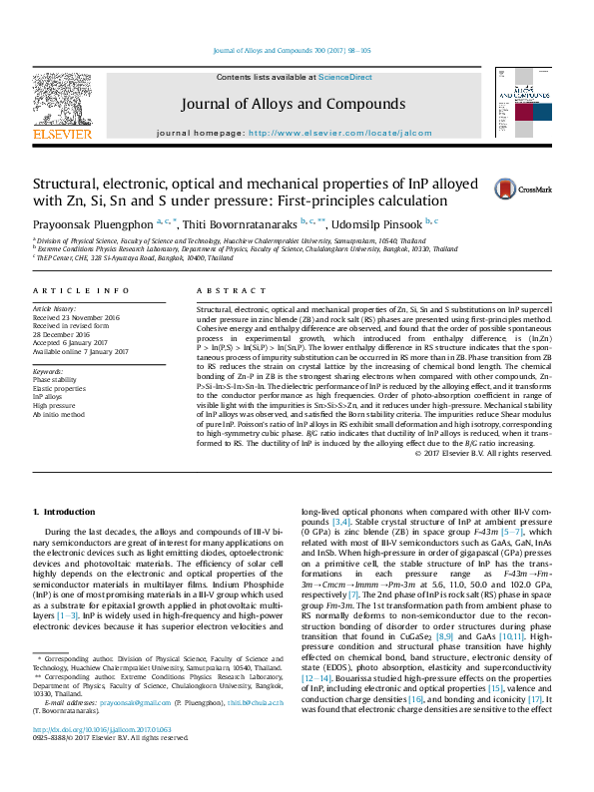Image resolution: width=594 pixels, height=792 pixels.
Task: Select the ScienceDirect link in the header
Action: tap(345, 77)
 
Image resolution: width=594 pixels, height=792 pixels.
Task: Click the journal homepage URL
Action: tap(340, 133)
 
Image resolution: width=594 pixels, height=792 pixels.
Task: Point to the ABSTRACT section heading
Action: tap(222, 290)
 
